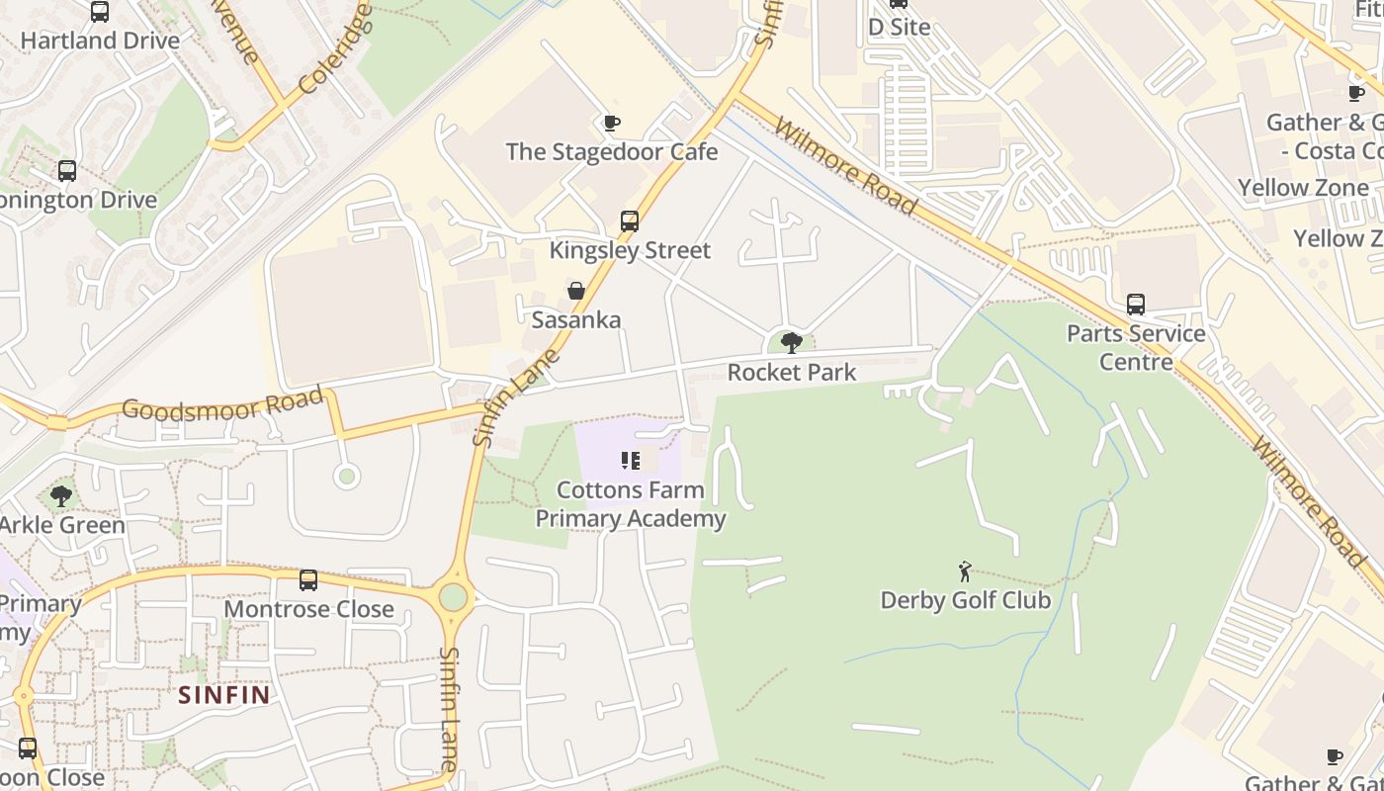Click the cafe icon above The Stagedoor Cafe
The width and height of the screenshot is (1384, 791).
click(611, 124)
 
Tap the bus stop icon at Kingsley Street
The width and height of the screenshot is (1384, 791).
click(630, 221)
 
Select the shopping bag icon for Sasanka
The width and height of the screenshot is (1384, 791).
click(576, 291)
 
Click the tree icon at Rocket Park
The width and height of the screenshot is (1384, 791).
click(791, 343)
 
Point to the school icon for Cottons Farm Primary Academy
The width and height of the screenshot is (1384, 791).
click(631, 461)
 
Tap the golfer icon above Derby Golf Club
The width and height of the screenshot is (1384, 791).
click(965, 571)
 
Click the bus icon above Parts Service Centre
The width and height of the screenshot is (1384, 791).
click(1136, 305)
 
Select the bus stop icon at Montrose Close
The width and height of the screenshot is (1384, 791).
click(308, 580)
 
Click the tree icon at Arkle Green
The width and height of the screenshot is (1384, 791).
click(61, 495)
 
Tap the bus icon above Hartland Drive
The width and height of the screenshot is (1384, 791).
click(100, 12)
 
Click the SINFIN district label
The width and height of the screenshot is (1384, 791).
click(224, 694)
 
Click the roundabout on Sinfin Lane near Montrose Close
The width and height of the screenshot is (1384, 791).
click(453, 597)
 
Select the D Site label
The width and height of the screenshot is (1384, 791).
click(899, 27)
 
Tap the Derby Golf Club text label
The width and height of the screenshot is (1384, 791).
click(965, 600)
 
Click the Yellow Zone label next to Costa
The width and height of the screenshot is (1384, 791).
click(1303, 188)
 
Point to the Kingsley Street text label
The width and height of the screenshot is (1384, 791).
click(630, 250)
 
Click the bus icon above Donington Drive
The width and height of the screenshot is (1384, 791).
click(67, 171)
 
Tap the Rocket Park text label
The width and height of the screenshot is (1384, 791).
click(792, 372)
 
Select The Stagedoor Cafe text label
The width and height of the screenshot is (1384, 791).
click(612, 152)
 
